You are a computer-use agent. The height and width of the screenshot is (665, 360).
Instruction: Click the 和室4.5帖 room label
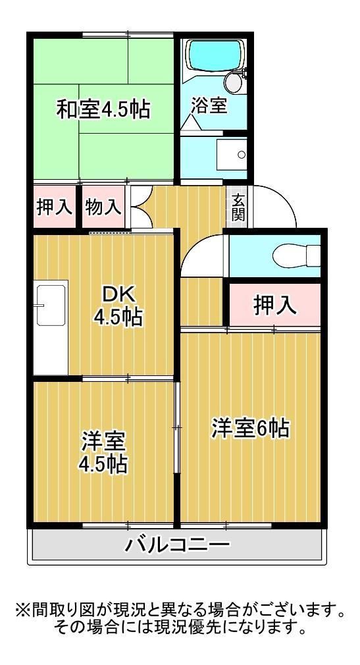pos(103,109)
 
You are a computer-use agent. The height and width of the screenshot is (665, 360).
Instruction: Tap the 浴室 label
pos(209,105)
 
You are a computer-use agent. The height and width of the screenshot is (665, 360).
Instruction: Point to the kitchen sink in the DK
pos(51,306)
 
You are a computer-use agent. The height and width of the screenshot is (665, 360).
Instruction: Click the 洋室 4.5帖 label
pos(103,452)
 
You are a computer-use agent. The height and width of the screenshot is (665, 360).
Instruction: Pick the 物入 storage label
pos(103,207)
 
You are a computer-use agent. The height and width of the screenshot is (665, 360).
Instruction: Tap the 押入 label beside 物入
pos(54,207)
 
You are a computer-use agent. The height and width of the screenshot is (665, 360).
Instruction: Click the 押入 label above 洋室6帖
pos(274,304)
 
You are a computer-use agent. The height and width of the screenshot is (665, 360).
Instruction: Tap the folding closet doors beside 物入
pos(140,207)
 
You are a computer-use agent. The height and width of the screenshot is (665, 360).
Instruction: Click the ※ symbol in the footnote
pos(23,610)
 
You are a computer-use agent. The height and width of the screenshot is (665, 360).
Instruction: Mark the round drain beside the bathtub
pos(232,82)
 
